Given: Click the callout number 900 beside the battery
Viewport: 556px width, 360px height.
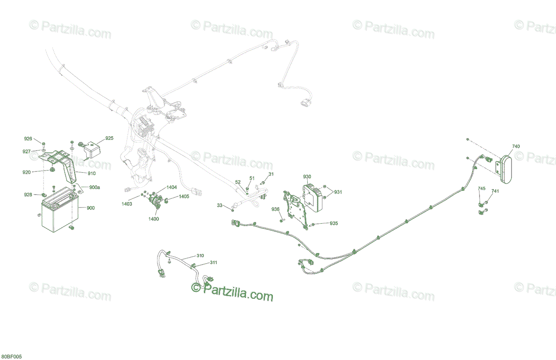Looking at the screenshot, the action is click(x=90, y=208).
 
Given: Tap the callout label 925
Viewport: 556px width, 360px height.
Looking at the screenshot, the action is click(x=109, y=138).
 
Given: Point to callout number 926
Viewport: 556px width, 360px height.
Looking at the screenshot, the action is click(x=28, y=139).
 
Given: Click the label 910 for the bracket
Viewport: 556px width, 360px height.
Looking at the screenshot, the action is click(x=91, y=174).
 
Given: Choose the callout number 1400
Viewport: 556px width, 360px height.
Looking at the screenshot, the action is click(x=153, y=219).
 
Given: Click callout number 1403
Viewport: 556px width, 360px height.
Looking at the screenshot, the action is click(x=126, y=204).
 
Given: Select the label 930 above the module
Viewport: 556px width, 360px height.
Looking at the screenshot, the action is click(x=307, y=177).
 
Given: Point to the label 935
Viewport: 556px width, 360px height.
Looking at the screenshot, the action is click(x=334, y=223).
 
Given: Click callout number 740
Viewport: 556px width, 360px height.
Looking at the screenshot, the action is click(x=516, y=146).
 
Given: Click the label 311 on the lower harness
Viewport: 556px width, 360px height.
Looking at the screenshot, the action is click(x=213, y=263).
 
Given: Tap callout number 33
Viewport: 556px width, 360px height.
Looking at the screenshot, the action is click(x=220, y=205).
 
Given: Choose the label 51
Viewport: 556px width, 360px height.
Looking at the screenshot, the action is click(x=252, y=178).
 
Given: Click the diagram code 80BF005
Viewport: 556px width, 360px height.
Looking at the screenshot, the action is click(x=11, y=356).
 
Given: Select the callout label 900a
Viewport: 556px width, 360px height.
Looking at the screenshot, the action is click(x=95, y=188).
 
